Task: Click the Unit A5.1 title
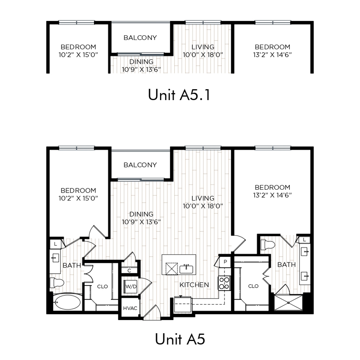coord(179,95)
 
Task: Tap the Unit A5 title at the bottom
coord(180,339)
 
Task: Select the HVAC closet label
coord(130,309)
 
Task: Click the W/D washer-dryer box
coord(131,286)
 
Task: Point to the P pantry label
coord(225,262)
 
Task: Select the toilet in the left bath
coord(56,282)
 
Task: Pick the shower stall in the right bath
coord(289,303)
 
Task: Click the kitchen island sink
coord(186,269)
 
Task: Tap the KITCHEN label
coord(194,285)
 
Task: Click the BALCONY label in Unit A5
coord(140,165)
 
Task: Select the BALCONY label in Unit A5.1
coord(140,38)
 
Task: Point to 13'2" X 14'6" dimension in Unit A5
coord(272,195)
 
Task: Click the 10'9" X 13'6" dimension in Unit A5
coord(141,222)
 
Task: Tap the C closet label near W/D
coord(129,271)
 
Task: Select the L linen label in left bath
coord(55,244)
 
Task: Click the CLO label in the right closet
coord(253,286)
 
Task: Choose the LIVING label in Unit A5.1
coord(203,47)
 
